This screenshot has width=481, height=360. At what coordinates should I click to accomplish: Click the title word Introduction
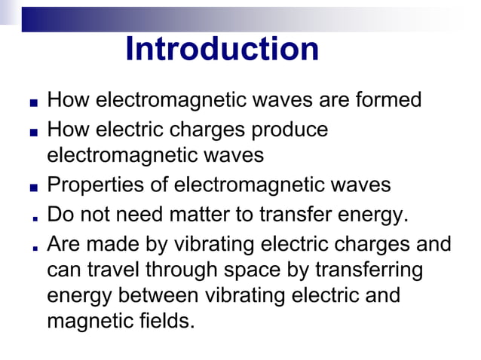click(x=222, y=50)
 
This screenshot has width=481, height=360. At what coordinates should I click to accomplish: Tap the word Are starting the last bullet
click(x=63, y=244)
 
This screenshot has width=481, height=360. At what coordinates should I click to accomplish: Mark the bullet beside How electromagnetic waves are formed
click(x=34, y=102)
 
